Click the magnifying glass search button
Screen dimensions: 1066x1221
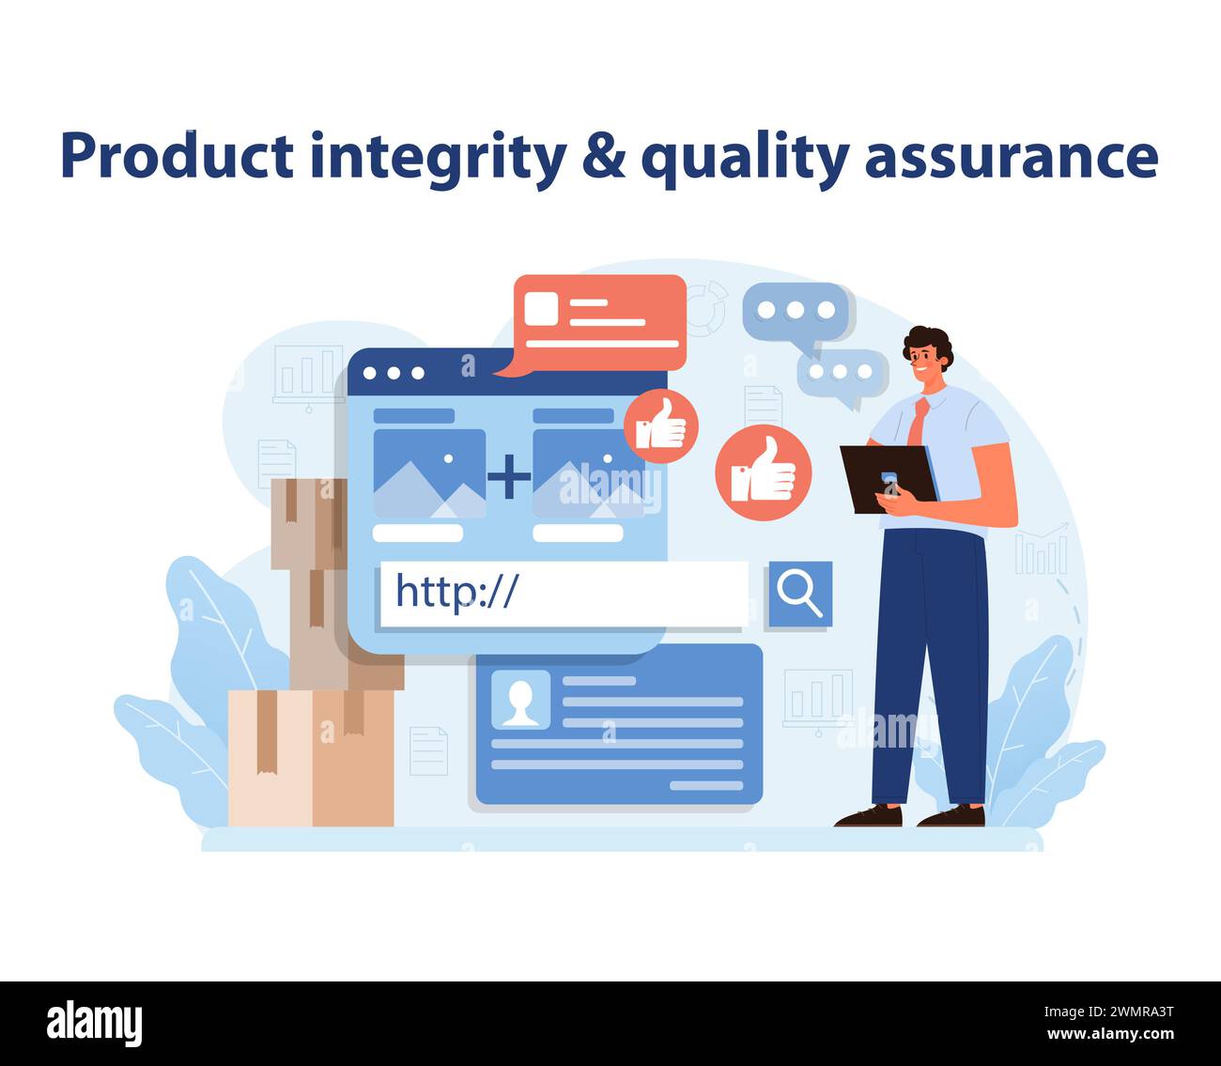pyautogui.click(x=799, y=594)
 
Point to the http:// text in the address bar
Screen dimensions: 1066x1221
pyautogui.click(x=456, y=592)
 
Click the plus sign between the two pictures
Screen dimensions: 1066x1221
pyautogui.click(x=509, y=475)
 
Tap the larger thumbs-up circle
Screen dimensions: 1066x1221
pyautogui.click(x=762, y=471)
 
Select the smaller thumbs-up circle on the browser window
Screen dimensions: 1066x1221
pyautogui.click(x=661, y=425)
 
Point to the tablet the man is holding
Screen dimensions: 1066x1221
pyautogui.click(x=889, y=477)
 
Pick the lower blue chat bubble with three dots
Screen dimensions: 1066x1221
pyautogui.click(x=842, y=373)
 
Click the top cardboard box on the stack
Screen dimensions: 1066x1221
pyautogui.click(x=308, y=521)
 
